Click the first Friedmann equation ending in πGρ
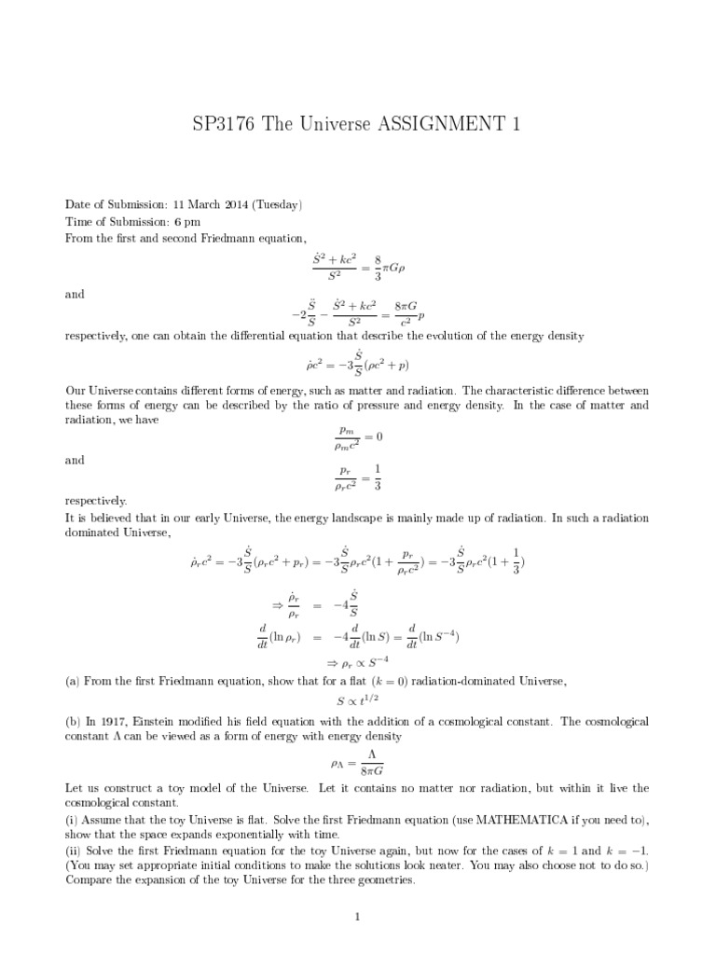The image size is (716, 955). [x=359, y=269]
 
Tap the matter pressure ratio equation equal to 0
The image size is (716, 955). [x=358, y=436]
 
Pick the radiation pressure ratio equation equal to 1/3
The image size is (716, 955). [x=358, y=477]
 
